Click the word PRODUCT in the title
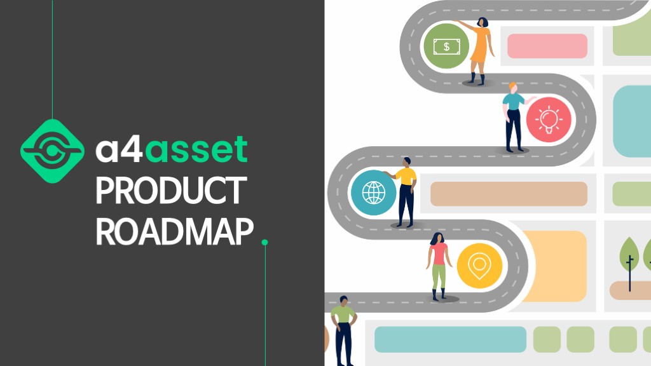click(x=170, y=191)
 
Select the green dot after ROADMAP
click(x=264, y=242)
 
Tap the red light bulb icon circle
click(x=548, y=119)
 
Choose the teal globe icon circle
click(x=373, y=193)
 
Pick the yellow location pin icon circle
click(x=479, y=264)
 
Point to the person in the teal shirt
click(x=513, y=118)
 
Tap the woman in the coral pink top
click(x=439, y=264)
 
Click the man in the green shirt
click(x=343, y=327)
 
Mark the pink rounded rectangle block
click(x=547, y=46)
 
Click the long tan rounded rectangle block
click(x=509, y=194)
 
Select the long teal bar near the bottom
click(x=450, y=339)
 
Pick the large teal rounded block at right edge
click(x=632, y=121)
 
